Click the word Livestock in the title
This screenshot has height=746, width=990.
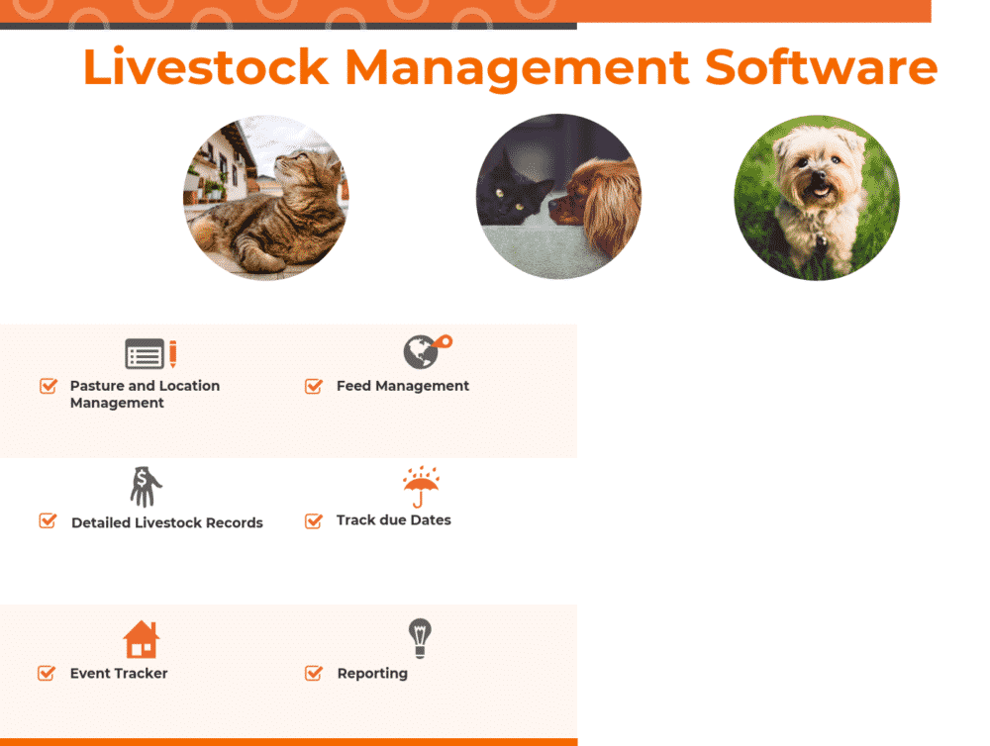click(x=205, y=68)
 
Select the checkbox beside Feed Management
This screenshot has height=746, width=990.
click(x=314, y=386)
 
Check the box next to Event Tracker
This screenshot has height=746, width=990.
click(x=47, y=673)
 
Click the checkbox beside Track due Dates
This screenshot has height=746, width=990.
click(x=314, y=520)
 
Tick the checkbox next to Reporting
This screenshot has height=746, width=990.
click(x=314, y=673)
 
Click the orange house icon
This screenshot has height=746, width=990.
click(x=142, y=640)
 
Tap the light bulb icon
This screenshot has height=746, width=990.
click(x=421, y=638)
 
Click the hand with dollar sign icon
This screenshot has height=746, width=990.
click(x=146, y=487)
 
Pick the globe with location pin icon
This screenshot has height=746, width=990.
click(x=424, y=351)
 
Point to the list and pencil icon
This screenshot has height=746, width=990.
click(x=150, y=353)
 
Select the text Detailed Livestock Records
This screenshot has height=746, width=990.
click(x=167, y=522)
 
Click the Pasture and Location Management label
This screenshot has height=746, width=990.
click(x=145, y=394)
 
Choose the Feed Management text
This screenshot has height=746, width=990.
click(x=403, y=386)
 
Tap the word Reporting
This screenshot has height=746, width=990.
click(x=372, y=673)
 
